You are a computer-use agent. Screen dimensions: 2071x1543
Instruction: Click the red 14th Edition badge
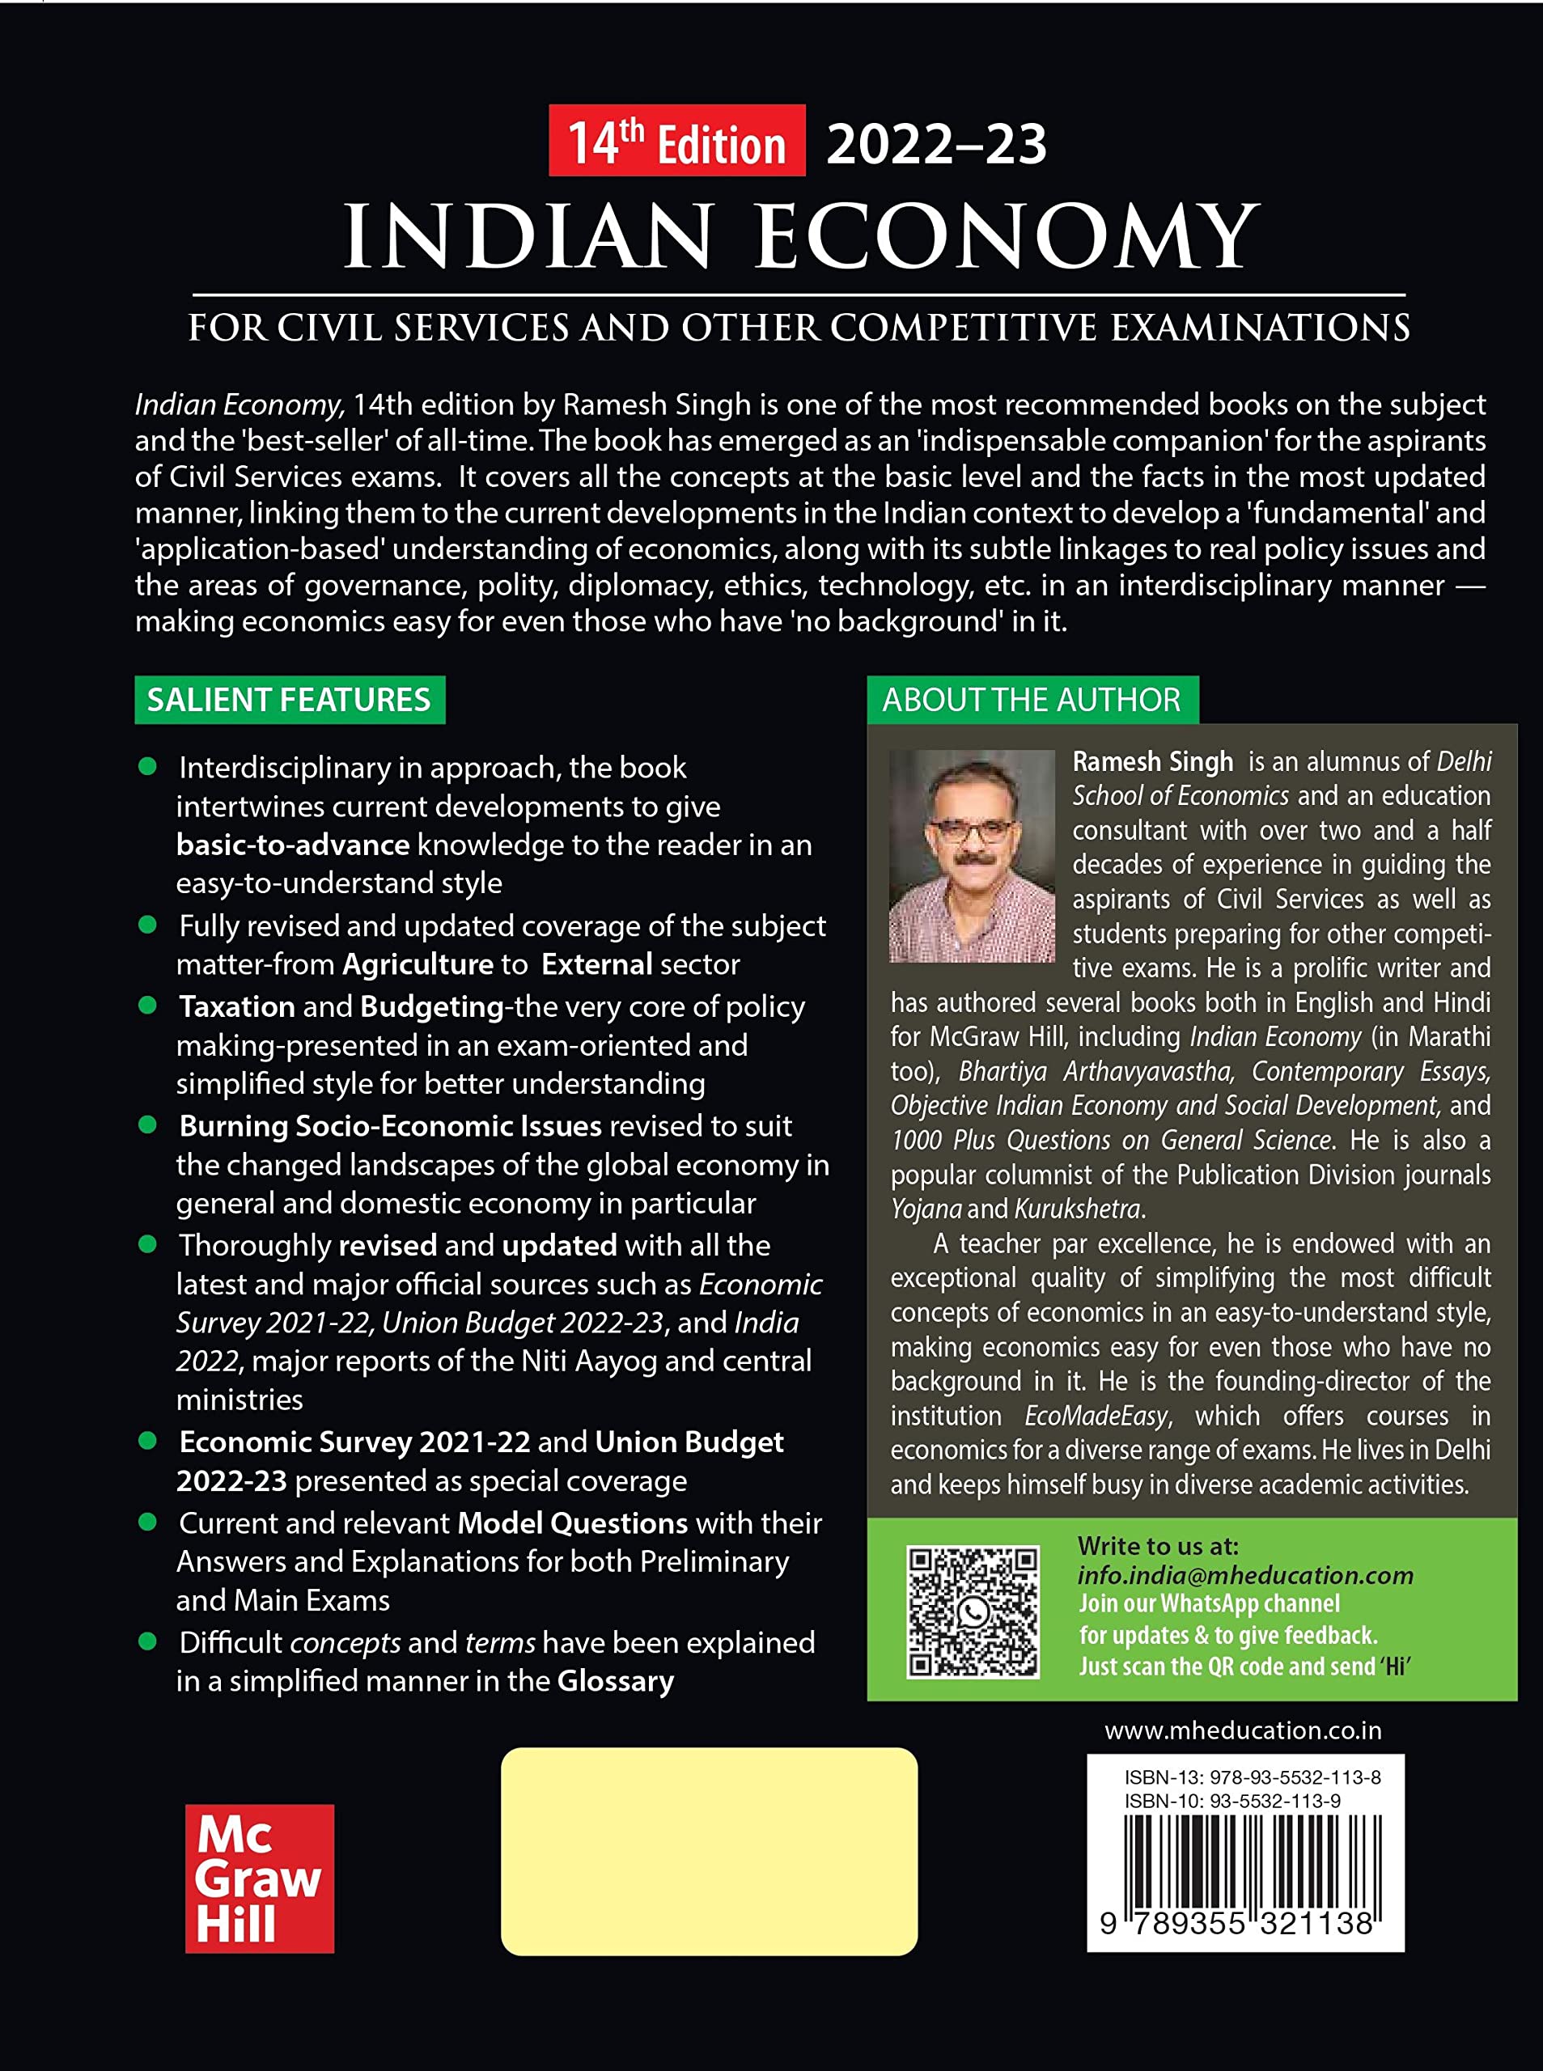click(676, 142)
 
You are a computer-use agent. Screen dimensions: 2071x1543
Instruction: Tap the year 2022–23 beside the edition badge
click(936, 145)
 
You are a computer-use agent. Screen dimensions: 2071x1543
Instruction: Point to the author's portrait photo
click(972, 855)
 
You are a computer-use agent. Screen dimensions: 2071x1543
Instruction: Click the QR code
click(972, 1611)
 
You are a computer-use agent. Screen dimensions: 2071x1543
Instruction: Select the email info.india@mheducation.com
click(1244, 1575)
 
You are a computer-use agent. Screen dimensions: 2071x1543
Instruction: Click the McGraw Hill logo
click(259, 1878)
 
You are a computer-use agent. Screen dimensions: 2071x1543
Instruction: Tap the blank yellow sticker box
click(709, 1852)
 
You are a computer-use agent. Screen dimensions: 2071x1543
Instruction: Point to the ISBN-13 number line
click(1252, 1777)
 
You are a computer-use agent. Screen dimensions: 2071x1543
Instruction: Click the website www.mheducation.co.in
click(1242, 1730)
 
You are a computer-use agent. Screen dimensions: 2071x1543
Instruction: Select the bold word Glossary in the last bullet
click(616, 1682)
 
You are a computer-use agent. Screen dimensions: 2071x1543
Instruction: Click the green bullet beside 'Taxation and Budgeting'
click(146, 1005)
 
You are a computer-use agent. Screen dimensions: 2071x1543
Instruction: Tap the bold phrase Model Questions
click(571, 1523)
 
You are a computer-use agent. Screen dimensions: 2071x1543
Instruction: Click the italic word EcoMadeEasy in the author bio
click(1096, 1416)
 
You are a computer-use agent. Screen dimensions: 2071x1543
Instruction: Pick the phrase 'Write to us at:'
click(1157, 1546)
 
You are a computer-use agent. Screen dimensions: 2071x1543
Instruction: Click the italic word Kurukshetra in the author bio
click(1078, 1209)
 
